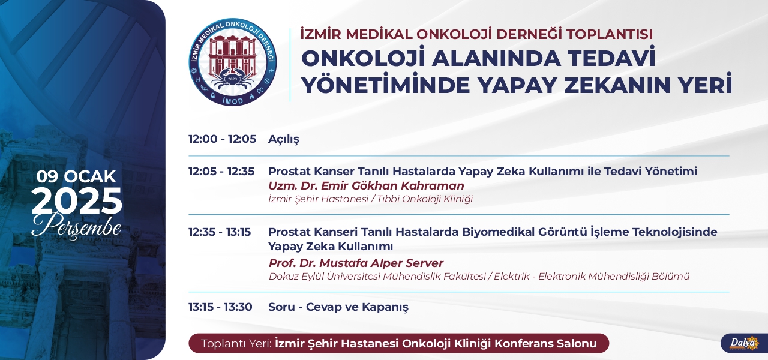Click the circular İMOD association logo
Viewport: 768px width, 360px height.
(x=233, y=62)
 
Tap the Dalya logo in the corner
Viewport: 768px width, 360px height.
(x=745, y=343)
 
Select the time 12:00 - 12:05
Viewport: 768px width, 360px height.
(x=222, y=139)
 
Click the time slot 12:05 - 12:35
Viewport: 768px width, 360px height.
(x=221, y=171)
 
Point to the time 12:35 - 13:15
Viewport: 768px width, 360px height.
(x=220, y=232)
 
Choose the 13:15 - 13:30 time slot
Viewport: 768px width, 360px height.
(x=220, y=307)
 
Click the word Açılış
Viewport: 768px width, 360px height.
(x=284, y=139)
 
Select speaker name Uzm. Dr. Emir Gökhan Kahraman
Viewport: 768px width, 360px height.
(x=366, y=185)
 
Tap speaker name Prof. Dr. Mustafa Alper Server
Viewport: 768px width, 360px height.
(x=356, y=263)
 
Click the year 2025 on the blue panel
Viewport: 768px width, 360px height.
(x=77, y=201)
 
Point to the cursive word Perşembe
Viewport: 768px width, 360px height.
(x=76, y=226)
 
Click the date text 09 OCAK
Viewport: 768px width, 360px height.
(x=76, y=176)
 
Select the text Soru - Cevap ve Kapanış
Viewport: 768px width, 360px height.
(x=338, y=307)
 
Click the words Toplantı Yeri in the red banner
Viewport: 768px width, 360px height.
(x=236, y=343)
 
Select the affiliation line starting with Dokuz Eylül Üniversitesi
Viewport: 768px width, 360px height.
(x=479, y=277)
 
